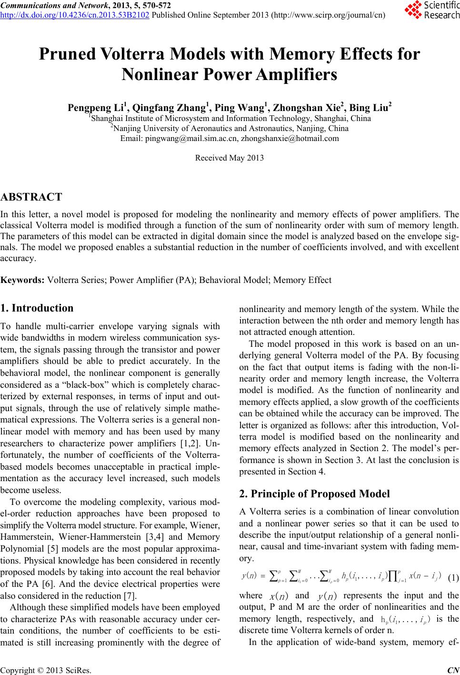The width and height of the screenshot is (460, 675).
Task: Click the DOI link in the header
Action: click(75, 14)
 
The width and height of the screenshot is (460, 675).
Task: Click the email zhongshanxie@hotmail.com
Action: click(290, 139)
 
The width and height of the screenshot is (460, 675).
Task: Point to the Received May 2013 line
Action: click(230, 158)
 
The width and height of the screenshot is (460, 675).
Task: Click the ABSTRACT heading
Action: click(31, 197)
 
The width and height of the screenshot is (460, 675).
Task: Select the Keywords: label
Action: click(23, 280)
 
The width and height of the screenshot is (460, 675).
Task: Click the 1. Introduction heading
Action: click(37, 308)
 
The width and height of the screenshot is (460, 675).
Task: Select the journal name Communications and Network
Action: click(55, 5)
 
